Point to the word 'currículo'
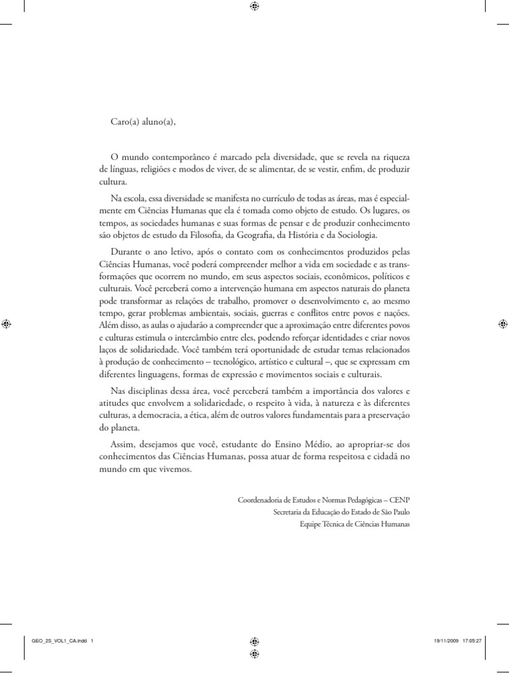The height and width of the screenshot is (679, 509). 274,200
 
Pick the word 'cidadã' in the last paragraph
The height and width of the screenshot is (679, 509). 381,456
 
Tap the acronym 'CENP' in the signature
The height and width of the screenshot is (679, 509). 399,499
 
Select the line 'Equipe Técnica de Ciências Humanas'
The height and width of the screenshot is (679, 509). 355,524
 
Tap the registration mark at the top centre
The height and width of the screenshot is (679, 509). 254,7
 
